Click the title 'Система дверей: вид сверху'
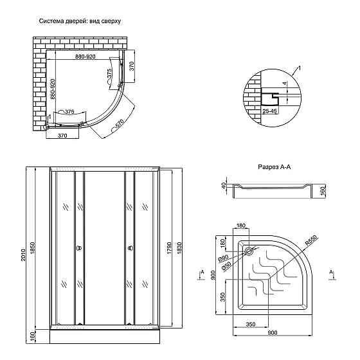pos(80,21)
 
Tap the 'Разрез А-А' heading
pos(274,167)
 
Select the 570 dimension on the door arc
pos(120,124)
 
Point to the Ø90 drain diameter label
pos(223,258)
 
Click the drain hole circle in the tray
pos(249,251)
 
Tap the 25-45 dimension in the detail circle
pos(269,111)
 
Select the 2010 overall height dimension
pos(23,255)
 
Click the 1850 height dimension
pos(32,248)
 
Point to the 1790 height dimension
pos(169,248)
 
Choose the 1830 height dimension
pos(179,248)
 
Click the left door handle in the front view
pos(79,248)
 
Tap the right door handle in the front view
pos(130,248)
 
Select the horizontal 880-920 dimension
pos(85,57)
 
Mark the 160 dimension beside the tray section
pos(323,191)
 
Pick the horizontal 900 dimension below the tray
pos(273,332)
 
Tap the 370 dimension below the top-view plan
pos(62,136)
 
